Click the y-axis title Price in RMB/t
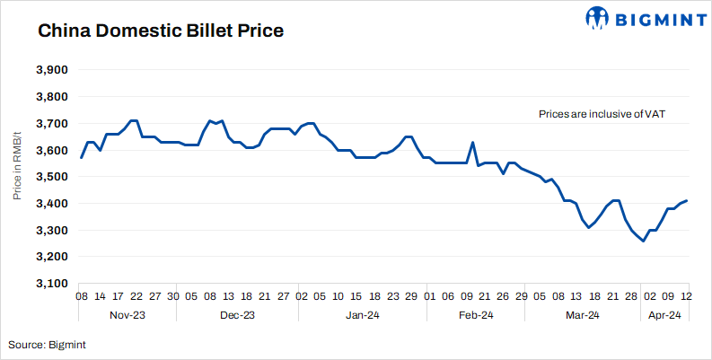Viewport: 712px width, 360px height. [x=17, y=177]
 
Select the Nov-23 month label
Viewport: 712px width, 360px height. [x=128, y=315]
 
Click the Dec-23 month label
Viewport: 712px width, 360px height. [x=236, y=315]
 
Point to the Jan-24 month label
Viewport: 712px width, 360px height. [x=363, y=315]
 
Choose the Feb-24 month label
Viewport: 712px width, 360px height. [x=476, y=315]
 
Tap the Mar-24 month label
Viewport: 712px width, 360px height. [x=582, y=315]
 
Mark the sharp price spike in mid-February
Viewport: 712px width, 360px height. [x=473, y=142]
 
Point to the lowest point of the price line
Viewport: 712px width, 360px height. [x=643, y=241]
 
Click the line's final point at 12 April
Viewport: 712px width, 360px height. [x=688, y=200]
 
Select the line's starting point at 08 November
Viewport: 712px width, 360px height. [x=82, y=158]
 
